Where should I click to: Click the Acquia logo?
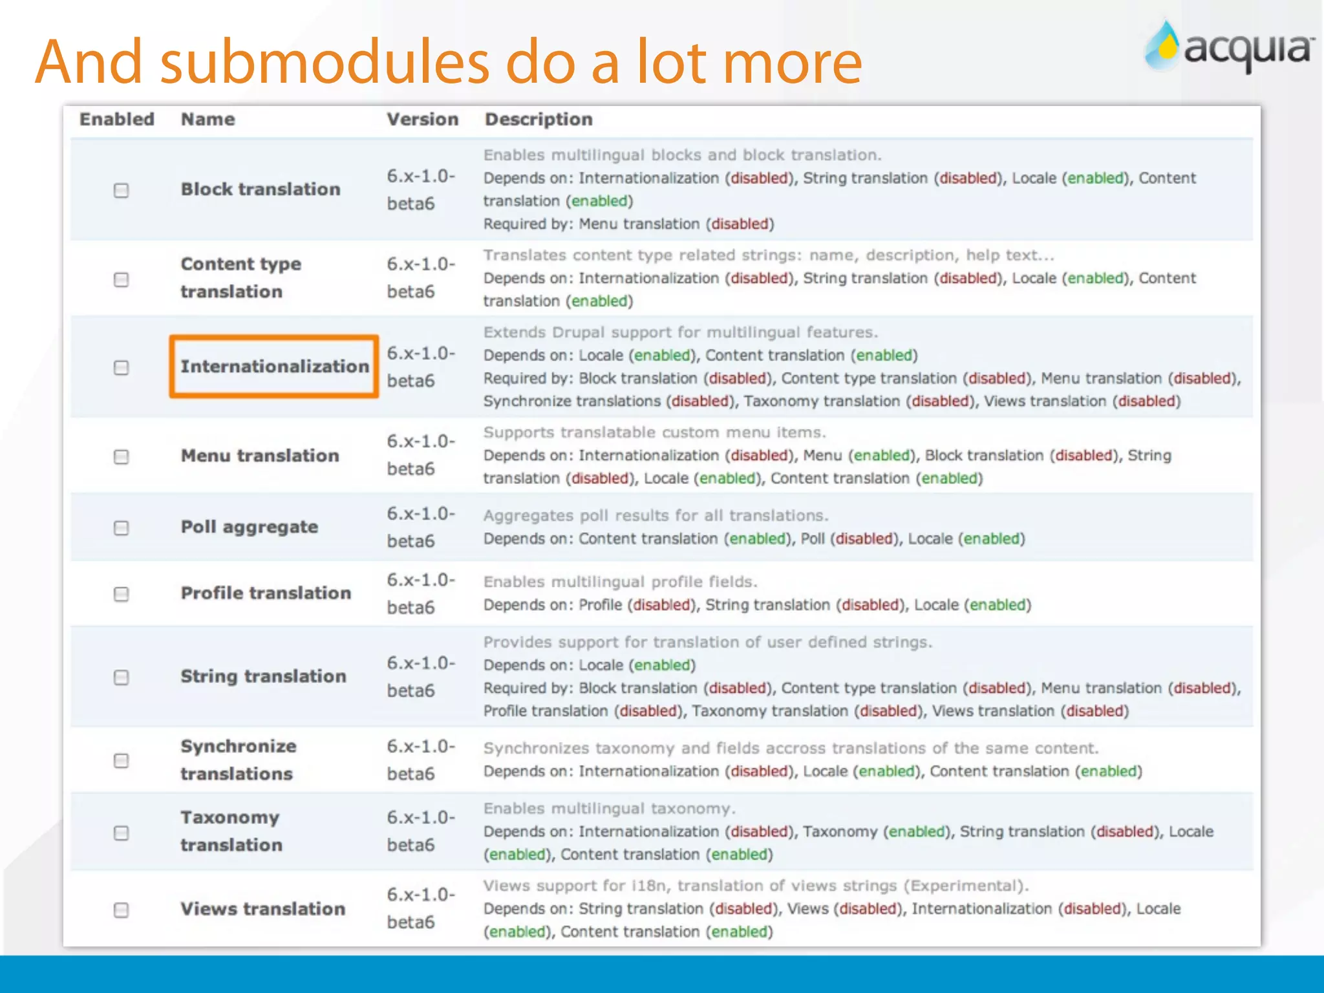[1228, 47]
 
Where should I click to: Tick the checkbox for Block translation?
[121, 190]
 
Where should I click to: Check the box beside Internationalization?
[121, 367]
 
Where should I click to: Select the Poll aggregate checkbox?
[121, 528]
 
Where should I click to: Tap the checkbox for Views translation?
[121, 910]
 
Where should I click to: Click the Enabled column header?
[116, 120]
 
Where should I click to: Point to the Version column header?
[422, 120]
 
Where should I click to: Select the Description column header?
[539, 120]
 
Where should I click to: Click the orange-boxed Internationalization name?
[274, 367]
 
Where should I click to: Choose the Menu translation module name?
[260, 456]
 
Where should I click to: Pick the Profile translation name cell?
[266, 593]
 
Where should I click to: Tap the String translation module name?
[263, 676]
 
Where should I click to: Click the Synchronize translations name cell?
[238, 760]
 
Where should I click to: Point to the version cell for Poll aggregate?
[420, 527]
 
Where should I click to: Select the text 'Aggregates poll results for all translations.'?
[656, 516]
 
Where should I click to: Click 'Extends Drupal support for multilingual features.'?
[681, 332]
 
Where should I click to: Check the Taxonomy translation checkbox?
[121, 833]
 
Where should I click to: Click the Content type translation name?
[240, 278]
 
